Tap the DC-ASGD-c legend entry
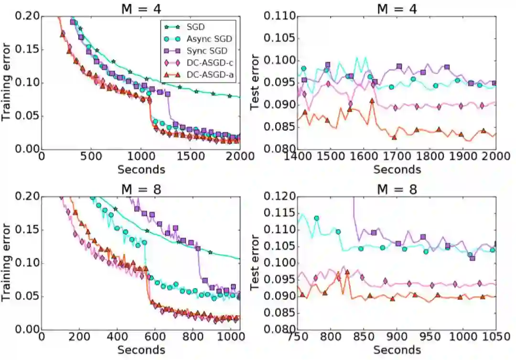pos(200,63)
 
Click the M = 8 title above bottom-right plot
pos(397,189)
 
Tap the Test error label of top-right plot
pos(256,82)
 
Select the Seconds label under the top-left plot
pos(141,169)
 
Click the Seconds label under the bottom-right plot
pos(397,349)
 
